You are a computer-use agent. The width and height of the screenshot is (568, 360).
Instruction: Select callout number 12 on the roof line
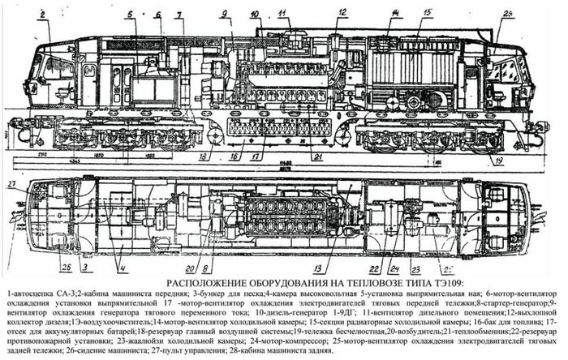342,13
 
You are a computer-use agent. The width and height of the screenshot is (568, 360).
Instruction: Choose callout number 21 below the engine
318,156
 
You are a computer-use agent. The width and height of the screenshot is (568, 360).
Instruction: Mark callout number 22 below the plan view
375,268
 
